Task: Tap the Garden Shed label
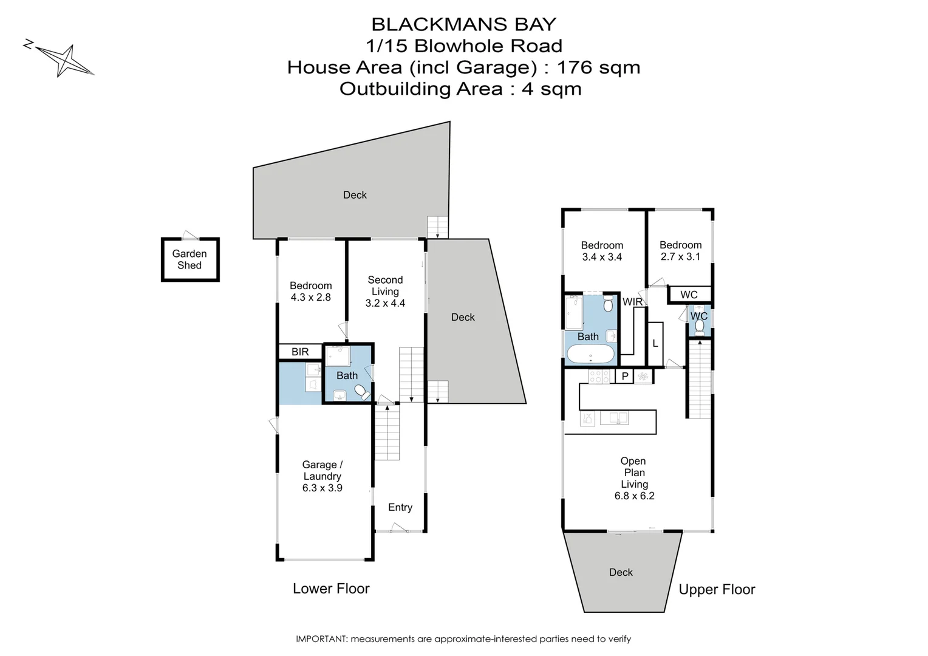pyautogui.click(x=189, y=259)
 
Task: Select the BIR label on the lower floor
pyautogui.click(x=300, y=352)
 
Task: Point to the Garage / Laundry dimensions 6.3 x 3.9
pyautogui.click(x=322, y=488)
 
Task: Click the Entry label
pyautogui.click(x=400, y=507)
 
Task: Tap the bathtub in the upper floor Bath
pyautogui.click(x=590, y=354)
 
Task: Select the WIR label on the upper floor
pyautogui.click(x=632, y=302)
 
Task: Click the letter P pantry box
pyautogui.click(x=625, y=377)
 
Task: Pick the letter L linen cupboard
pyautogui.click(x=655, y=344)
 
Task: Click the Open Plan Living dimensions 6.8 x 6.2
pyautogui.click(x=635, y=496)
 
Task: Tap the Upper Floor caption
pyautogui.click(x=717, y=589)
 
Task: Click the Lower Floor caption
pyautogui.click(x=331, y=589)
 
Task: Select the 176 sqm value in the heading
pyautogui.click(x=599, y=67)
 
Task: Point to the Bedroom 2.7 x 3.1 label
pyautogui.click(x=680, y=251)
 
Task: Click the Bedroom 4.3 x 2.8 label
pyautogui.click(x=310, y=292)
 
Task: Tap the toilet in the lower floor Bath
pyautogui.click(x=362, y=392)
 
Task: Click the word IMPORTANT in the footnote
pyautogui.click(x=321, y=639)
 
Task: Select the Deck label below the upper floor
pyautogui.click(x=621, y=572)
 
